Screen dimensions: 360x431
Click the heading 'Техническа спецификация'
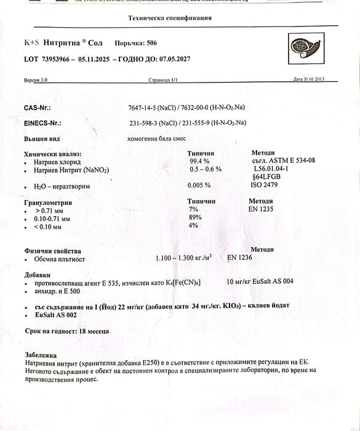170,18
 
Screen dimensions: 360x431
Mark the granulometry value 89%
195,217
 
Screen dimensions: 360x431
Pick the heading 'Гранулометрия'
48,203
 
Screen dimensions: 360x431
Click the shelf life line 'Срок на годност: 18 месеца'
66,331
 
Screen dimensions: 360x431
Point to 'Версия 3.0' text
36,80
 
